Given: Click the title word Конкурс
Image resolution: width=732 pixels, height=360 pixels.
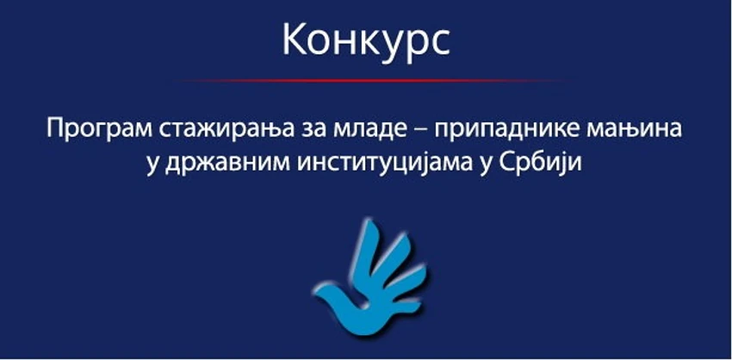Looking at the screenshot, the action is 365,41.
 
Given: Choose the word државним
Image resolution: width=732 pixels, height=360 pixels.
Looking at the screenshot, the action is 222,164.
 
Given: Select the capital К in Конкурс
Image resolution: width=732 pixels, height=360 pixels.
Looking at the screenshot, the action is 294,41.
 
